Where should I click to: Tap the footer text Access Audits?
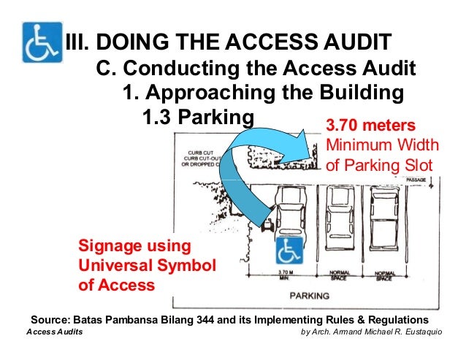point(54,332)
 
